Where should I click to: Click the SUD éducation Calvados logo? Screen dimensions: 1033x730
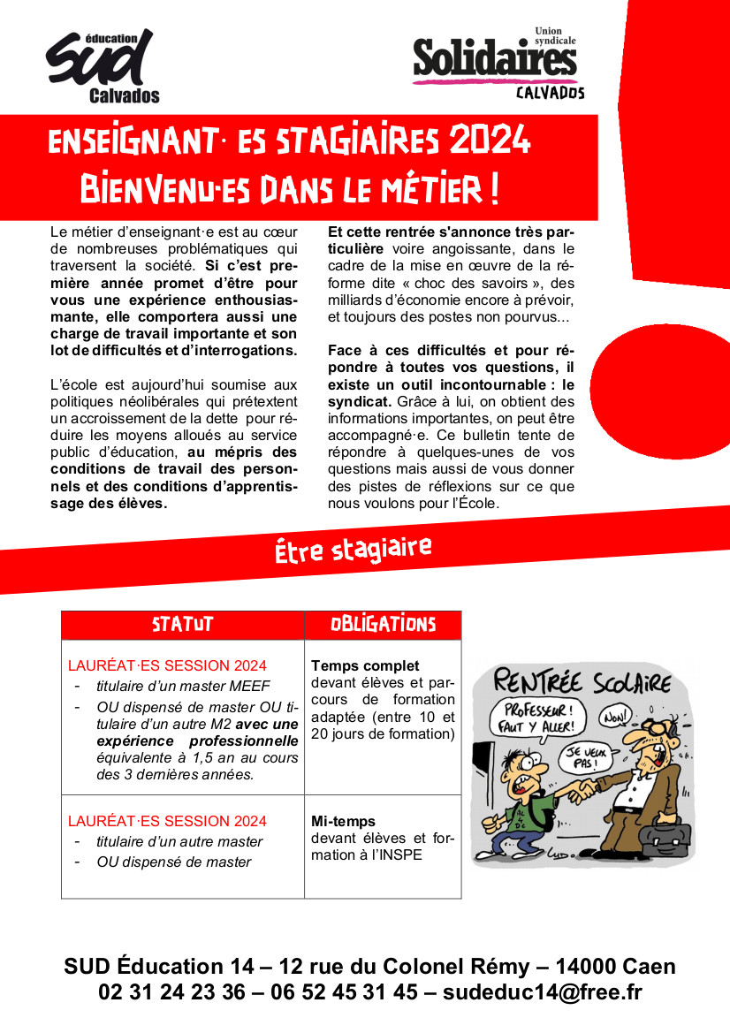102,66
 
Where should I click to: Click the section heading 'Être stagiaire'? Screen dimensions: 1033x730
353,550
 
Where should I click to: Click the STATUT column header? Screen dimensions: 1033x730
182,625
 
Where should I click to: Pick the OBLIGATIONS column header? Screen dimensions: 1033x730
383,625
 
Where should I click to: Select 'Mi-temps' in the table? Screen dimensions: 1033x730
343,821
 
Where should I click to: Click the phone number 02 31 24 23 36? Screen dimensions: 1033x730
171,992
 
